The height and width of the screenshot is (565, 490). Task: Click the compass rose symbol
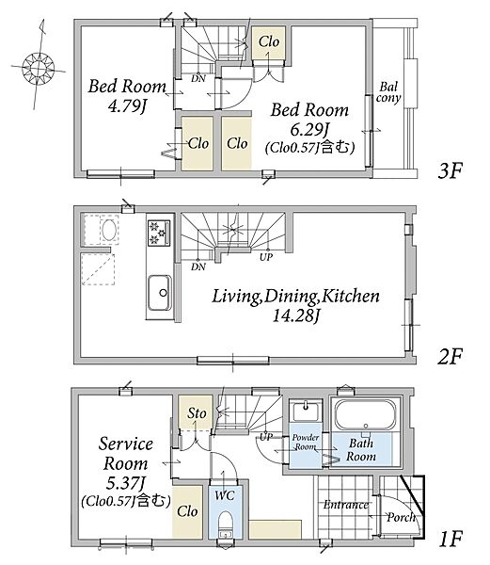38,68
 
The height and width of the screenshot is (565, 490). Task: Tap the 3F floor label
450,170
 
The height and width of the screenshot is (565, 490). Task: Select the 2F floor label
450,356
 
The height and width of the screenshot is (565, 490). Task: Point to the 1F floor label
450,539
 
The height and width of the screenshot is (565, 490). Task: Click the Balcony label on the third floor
388,93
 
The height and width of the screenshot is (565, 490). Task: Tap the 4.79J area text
128,106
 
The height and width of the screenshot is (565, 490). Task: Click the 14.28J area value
296,316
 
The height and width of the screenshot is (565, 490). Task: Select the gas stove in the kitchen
159,233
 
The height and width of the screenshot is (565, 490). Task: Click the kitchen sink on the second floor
160,293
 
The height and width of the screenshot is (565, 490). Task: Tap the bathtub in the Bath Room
365,414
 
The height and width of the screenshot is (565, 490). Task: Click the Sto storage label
197,413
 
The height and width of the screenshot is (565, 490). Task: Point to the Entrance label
346,505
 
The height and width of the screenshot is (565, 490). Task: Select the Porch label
401,518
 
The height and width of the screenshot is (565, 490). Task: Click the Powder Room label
306,443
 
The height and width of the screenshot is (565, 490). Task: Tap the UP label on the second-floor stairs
266,257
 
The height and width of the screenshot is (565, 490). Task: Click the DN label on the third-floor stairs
198,78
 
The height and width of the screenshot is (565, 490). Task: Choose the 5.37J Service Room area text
126,483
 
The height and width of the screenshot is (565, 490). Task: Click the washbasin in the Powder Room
306,412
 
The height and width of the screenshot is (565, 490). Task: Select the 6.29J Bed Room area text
311,129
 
